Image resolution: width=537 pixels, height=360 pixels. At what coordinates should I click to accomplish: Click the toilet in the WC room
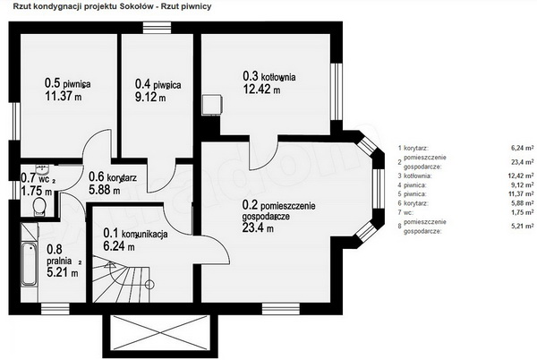[39, 206]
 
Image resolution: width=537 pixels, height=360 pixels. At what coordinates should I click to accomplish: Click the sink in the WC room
[42, 169]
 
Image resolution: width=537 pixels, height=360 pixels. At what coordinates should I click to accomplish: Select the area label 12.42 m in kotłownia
[261, 89]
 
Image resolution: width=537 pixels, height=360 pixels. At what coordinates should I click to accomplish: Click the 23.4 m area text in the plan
[258, 227]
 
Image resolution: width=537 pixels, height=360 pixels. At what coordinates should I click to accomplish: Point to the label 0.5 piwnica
[67, 83]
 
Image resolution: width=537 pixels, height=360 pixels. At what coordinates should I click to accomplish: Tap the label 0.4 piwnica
[158, 84]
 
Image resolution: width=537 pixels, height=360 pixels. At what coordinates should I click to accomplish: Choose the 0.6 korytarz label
[113, 177]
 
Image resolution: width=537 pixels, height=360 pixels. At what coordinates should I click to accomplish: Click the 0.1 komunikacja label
[135, 234]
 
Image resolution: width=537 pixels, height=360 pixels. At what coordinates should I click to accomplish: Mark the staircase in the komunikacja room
[122, 279]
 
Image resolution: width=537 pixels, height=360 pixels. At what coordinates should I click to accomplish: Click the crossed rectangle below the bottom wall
[160, 332]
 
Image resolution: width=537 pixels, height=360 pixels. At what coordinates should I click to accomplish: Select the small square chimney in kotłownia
[212, 105]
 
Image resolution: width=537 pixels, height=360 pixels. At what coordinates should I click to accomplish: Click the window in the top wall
[157, 28]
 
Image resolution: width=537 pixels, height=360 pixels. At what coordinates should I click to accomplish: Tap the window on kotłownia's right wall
[337, 91]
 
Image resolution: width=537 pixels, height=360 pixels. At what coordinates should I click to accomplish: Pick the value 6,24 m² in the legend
[523, 148]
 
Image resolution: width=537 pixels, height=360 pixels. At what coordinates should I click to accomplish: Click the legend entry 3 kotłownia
[414, 176]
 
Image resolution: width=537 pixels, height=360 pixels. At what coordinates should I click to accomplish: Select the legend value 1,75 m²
[523, 212]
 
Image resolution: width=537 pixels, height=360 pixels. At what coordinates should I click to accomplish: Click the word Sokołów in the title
[137, 6]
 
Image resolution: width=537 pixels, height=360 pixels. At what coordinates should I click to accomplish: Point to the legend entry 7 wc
[405, 212]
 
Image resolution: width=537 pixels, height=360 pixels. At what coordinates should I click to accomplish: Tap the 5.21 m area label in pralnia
[63, 272]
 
